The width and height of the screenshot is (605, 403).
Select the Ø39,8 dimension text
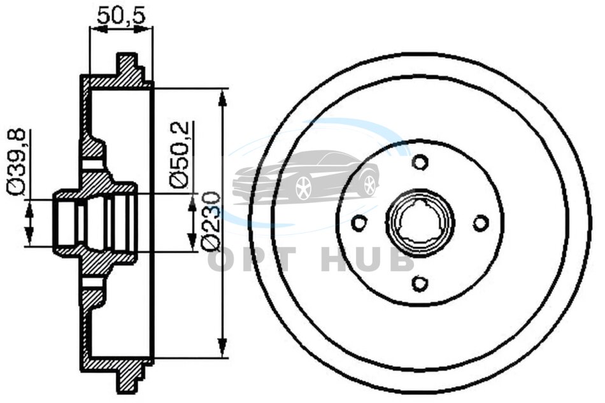[x=17, y=162]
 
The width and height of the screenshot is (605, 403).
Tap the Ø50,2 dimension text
[x=180, y=155]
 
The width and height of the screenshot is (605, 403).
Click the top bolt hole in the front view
[x=420, y=161]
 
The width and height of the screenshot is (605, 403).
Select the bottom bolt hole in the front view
[x=420, y=284]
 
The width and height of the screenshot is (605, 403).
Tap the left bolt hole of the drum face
[x=360, y=223]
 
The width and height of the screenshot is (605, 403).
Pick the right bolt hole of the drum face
[x=481, y=223]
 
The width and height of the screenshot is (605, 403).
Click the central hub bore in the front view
[x=420, y=223]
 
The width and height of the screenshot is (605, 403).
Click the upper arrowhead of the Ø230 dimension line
[x=222, y=97]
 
